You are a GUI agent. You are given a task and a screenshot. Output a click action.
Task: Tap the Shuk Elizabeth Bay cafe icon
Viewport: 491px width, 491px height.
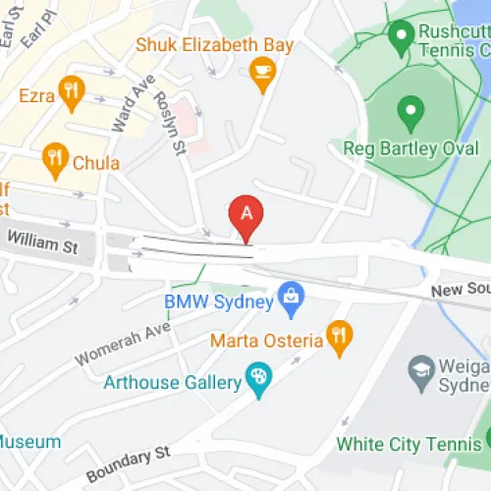point(262,72)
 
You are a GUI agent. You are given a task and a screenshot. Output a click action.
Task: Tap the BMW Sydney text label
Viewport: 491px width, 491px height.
point(219,302)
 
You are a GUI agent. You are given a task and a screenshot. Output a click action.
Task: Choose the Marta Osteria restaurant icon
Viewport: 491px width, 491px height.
point(339,335)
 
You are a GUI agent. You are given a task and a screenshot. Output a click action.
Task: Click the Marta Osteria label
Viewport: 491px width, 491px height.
point(266,341)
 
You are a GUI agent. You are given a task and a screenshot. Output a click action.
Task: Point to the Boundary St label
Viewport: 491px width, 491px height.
point(127,458)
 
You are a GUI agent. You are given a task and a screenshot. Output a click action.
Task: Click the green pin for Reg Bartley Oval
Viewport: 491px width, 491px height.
point(410,113)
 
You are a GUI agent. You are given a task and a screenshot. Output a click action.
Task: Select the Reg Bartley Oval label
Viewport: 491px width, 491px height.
point(410,148)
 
